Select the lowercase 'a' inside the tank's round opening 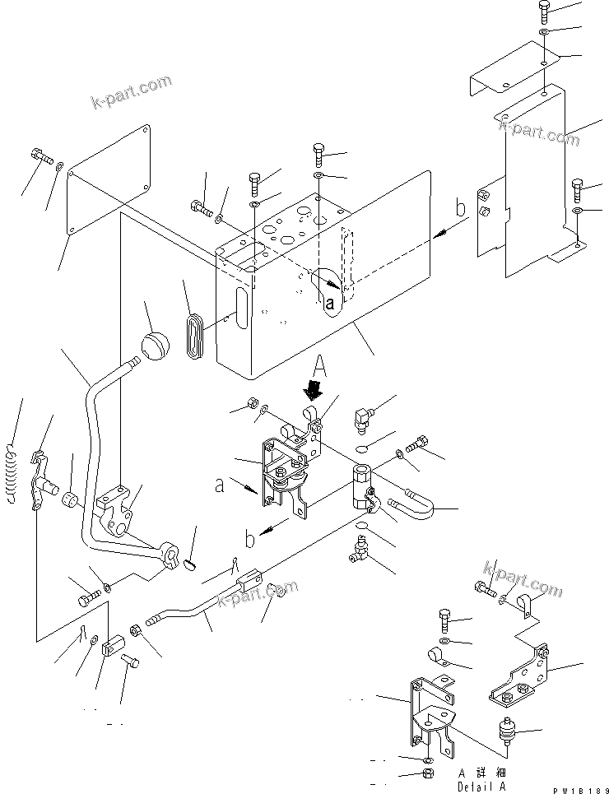tap(330, 303)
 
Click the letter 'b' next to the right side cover tap(460, 209)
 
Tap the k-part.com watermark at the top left tap(132, 93)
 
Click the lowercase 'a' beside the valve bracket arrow tap(218, 486)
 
